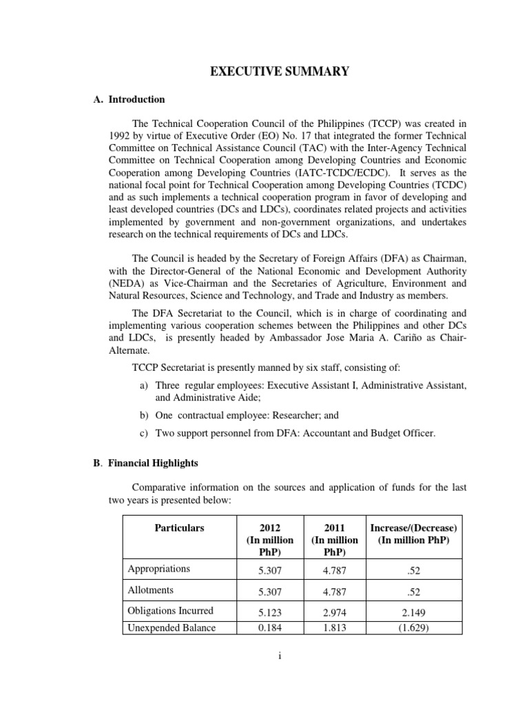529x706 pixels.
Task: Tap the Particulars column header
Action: coord(179,527)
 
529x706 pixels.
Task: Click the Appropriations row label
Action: coord(159,569)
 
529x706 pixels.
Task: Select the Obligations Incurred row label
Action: coord(170,610)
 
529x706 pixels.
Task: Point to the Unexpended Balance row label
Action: coord(172,627)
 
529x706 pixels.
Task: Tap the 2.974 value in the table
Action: coord(333,611)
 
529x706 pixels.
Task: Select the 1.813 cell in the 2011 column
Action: coord(333,627)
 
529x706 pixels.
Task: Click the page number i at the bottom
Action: coord(280,657)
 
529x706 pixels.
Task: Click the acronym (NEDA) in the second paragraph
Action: coord(125,283)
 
